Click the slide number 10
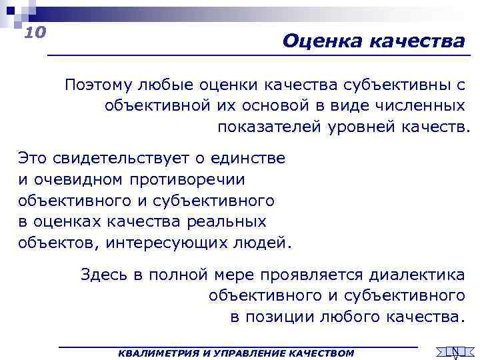point(34,32)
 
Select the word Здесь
point(103,274)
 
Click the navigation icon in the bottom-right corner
point(455,351)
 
